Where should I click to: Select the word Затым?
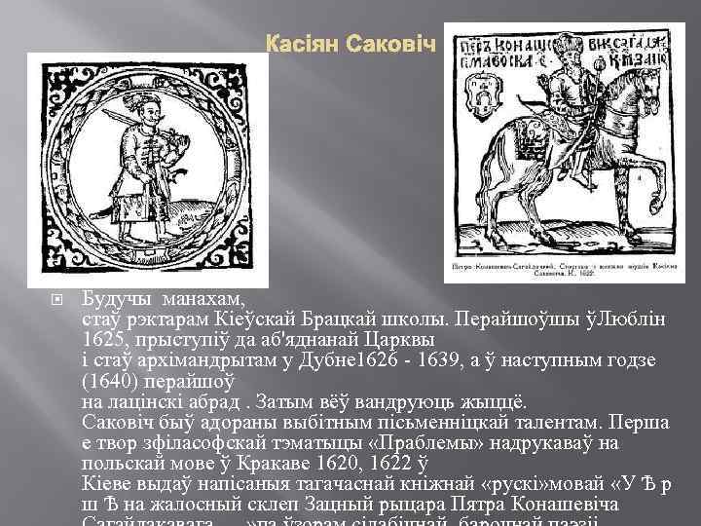click(x=291, y=403)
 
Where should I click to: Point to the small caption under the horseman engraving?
click(x=565, y=269)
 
